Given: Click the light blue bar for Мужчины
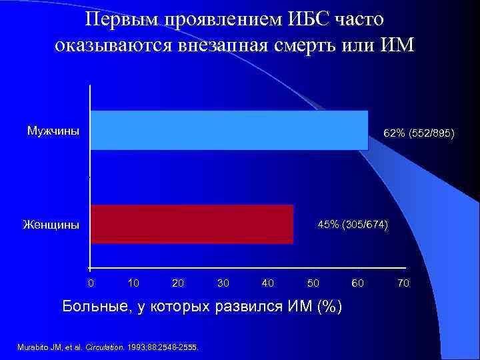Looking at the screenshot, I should click(229, 129).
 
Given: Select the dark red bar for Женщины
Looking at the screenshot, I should click(191, 224).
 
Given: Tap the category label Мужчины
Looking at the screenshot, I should click(53, 130).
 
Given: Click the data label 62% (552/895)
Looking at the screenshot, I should click(419, 134).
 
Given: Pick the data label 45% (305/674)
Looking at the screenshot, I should click(353, 223).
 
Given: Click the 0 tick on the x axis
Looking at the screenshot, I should click(91, 283).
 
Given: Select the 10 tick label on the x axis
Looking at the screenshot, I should click(133, 283).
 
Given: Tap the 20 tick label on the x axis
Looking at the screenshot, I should click(178, 283).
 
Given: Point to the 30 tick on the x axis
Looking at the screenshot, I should click(223, 283).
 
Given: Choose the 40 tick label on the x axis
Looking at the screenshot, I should click(268, 283).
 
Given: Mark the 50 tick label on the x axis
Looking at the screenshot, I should click(313, 283).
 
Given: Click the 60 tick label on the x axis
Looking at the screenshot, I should click(358, 283).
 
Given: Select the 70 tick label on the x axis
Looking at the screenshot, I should click(403, 283).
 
